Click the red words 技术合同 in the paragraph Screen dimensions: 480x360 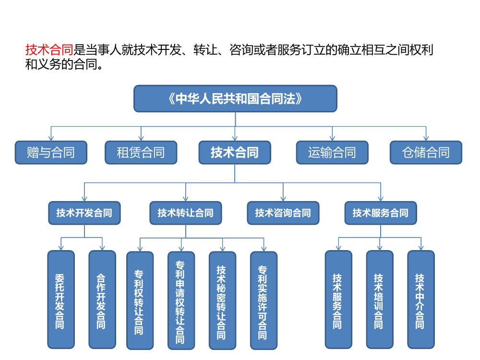[x=49, y=49]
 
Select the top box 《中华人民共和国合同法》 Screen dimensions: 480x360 [x=235, y=98]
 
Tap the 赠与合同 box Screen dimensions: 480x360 [x=51, y=153]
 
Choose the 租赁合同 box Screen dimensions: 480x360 [x=141, y=153]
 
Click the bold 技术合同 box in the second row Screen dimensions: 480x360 [x=235, y=153]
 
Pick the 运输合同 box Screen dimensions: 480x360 [x=332, y=153]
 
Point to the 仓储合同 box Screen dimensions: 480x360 [x=426, y=153]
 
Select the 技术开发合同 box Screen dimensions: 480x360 [x=84, y=213]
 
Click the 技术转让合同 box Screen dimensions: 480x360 [x=185, y=213]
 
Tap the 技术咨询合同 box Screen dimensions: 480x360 [x=283, y=213]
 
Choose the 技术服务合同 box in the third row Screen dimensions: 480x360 [x=381, y=213]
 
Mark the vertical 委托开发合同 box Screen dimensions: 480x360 [x=61, y=300]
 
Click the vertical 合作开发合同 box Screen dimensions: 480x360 [x=102, y=300]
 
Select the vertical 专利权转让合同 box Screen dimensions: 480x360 [x=140, y=300]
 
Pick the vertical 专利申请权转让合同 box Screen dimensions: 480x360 [x=181, y=300]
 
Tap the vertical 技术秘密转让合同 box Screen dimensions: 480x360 [x=223, y=300]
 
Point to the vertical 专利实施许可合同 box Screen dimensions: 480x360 [x=264, y=300]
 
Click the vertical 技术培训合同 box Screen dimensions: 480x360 [x=380, y=300]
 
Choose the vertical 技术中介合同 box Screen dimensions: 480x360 [x=421, y=300]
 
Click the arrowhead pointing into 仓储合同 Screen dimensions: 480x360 [x=426, y=138]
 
